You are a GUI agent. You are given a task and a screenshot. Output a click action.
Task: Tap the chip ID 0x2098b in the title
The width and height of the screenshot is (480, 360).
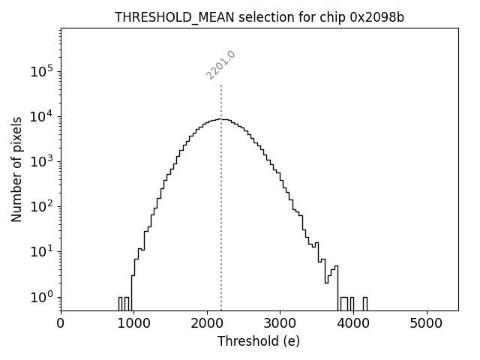pos(377,18)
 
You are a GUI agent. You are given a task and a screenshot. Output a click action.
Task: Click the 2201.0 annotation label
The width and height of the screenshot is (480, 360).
pos(221,65)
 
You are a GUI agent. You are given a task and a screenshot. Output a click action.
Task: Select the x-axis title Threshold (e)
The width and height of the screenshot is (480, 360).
pos(259,341)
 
